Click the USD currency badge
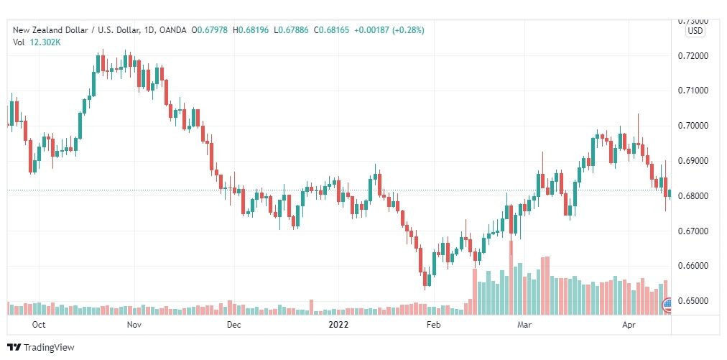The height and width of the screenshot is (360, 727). pos(695,31)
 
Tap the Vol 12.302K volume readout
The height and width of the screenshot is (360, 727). pos(36,42)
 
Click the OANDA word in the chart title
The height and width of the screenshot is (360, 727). pos(171,30)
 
